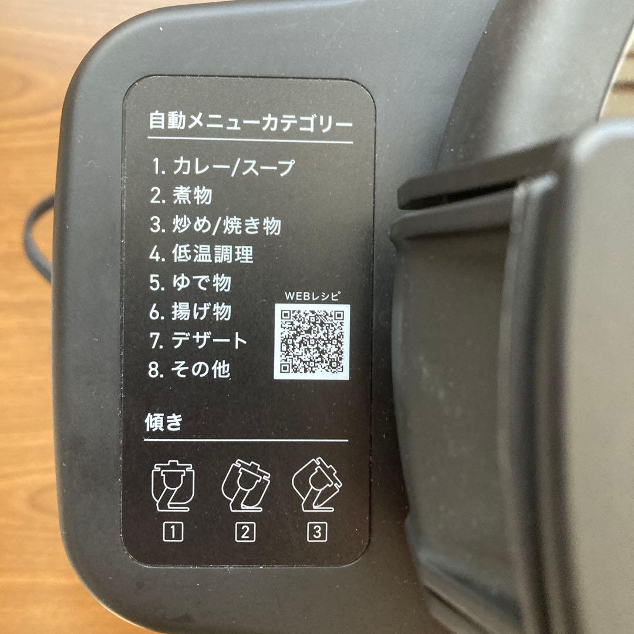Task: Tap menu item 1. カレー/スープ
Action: [222, 167]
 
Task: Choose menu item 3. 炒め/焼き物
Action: [215, 225]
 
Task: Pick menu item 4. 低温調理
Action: [201, 254]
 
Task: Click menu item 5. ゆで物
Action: [190, 283]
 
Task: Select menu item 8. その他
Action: [189, 370]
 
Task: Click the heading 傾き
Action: [163, 423]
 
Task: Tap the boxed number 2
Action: [245, 532]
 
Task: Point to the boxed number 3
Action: [316, 532]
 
